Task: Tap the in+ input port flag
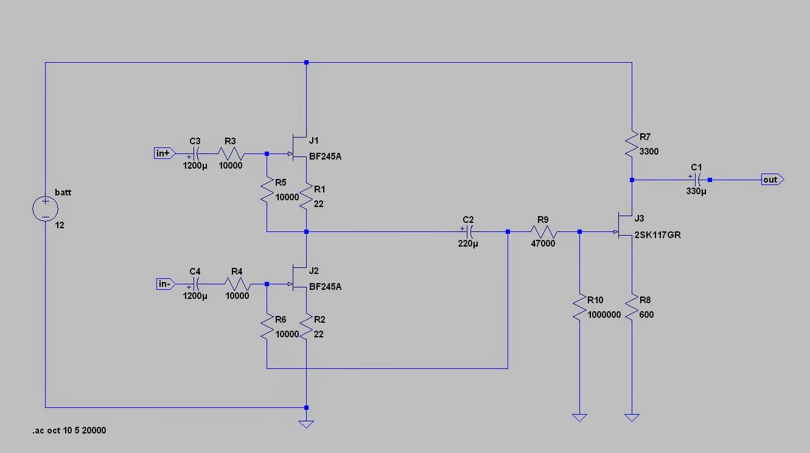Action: pyautogui.click(x=164, y=153)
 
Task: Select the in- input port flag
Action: pyautogui.click(x=164, y=284)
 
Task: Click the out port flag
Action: pyautogui.click(x=772, y=180)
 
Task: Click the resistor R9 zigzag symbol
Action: pyautogui.click(x=543, y=231)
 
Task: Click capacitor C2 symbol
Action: pyautogui.click(x=468, y=231)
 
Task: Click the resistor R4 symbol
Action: pyautogui.click(x=237, y=284)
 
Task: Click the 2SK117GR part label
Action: pyautogui.click(x=657, y=235)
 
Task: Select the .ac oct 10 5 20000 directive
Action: pyautogui.click(x=69, y=430)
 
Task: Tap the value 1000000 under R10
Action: pyautogui.click(x=605, y=315)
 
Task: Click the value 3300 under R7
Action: pyautogui.click(x=649, y=152)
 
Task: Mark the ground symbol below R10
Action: pyautogui.click(x=579, y=417)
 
